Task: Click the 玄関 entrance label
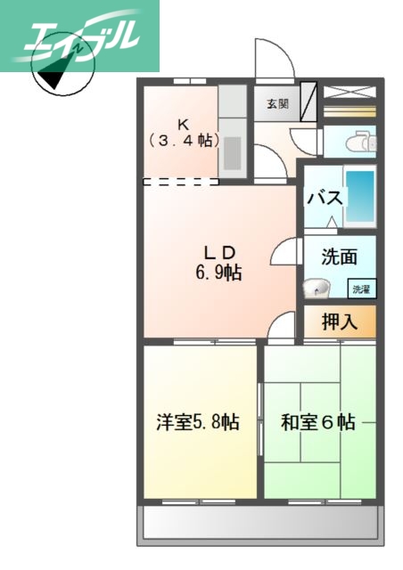click(x=277, y=103)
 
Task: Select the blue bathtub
click(x=360, y=195)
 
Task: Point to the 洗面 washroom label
click(x=339, y=256)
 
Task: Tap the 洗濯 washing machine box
click(x=361, y=289)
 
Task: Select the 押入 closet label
click(x=339, y=322)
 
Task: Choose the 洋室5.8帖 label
click(x=198, y=421)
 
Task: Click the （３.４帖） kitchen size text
click(x=183, y=140)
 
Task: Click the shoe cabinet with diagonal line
click(x=308, y=102)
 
